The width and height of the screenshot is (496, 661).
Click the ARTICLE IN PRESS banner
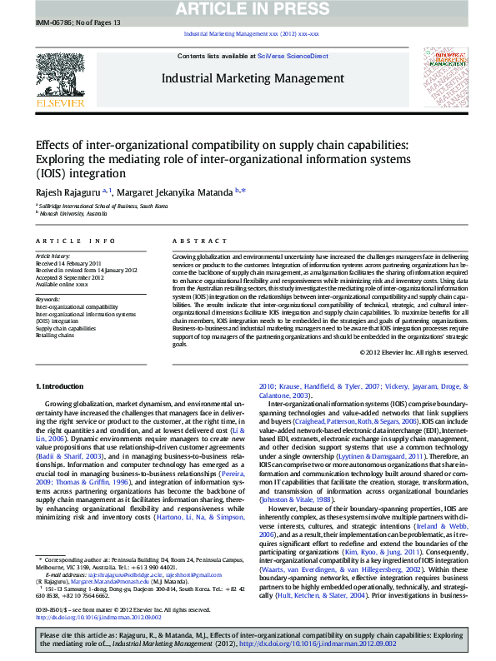247,8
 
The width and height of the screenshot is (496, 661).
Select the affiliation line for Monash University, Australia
73,214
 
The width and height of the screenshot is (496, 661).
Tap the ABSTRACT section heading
196,241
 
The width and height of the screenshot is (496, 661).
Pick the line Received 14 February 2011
67,263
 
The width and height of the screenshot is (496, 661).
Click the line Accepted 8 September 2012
68,277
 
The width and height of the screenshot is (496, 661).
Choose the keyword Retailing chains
54,335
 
